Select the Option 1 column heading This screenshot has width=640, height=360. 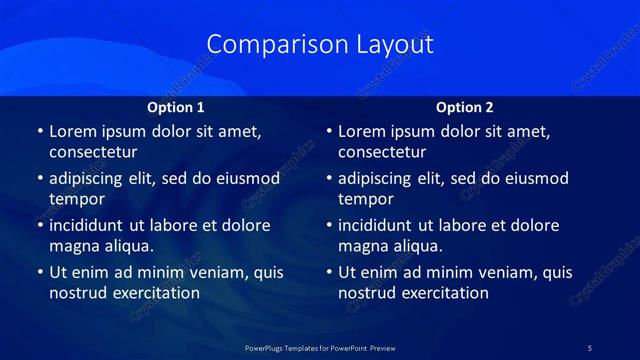[x=176, y=107]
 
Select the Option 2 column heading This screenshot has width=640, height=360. [x=465, y=107]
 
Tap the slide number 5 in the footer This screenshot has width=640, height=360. [x=589, y=348]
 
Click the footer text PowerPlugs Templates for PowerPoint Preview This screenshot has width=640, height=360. [x=320, y=348]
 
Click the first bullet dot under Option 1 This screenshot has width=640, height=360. [x=40, y=132]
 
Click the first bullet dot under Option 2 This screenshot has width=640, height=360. [x=329, y=132]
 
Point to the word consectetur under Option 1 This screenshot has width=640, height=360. [x=93, y=153]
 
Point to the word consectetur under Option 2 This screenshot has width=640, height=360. [x=382, y=153]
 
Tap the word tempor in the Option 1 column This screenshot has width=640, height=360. [x=76, y=199]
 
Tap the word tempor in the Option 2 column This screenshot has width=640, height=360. [x=365, y=199]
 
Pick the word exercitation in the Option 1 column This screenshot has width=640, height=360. [x=156, y=293]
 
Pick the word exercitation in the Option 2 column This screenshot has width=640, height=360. [x=445, y=293]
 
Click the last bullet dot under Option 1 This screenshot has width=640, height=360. [x=40, y=272]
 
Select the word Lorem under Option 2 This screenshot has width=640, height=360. [x=362, y=131]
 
